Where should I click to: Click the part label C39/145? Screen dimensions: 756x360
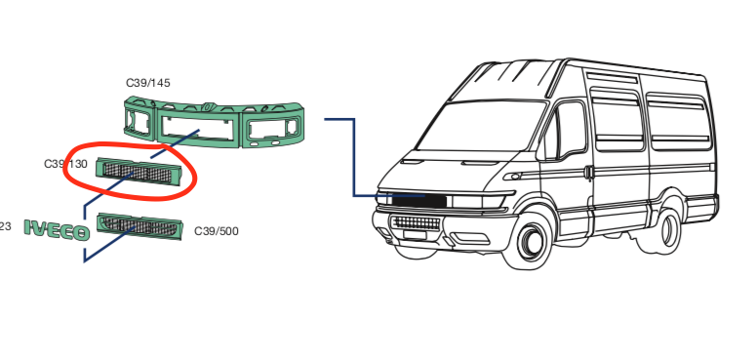(x=148, y=83)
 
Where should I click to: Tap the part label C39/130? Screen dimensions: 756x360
(x=65, y=164)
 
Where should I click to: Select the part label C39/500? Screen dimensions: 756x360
(x=216, y=231)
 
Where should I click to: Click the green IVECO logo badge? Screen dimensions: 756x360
(x=57, y=230)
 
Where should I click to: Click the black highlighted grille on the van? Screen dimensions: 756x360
(x=419, y=201)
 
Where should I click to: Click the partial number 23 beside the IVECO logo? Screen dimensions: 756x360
(x=5, y=226)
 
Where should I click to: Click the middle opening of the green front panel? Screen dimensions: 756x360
(x=200, y=125)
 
